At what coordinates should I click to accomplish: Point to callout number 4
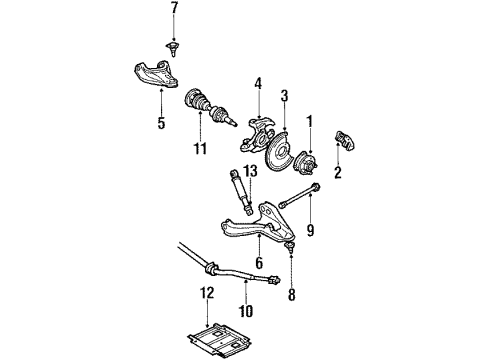pyautogui.click(x=258, y=83)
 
